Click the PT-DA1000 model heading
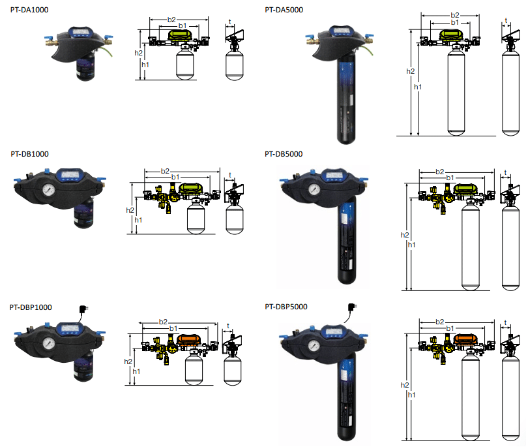click(29, 10)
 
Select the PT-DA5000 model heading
click(284, 10)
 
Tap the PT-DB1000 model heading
click(29, 154)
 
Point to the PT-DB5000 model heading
click(284, 154)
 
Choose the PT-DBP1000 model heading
click(31, 307)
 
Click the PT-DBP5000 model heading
click(286, 307)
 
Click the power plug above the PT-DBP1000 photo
click(83, 309)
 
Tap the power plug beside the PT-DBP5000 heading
click(353, 307)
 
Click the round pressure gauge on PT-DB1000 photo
click(49, 190)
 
